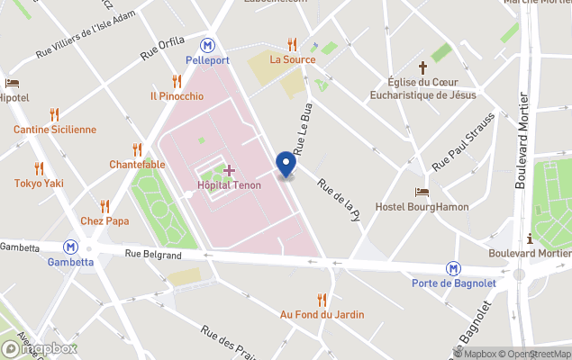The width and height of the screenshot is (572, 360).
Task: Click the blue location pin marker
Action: (x=286, y=165)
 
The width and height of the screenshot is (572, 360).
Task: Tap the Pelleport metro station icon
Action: (x=209, y=43)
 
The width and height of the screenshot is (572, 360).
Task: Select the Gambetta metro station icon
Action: (x=69, y=246)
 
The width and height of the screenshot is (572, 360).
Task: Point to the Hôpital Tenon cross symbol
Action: (x=229, y=170)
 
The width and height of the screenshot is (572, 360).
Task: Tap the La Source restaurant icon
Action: (x=292, y=43)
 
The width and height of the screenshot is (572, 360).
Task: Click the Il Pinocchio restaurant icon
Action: (x=177, y=80)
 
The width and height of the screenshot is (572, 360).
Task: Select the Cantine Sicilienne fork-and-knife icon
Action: (x=54, y=113)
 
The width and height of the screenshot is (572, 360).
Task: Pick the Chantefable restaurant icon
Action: (x=137, y=148)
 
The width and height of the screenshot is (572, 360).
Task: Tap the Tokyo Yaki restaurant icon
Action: (x=39, y=167)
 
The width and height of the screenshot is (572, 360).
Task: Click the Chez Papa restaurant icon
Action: (x=104, y=205)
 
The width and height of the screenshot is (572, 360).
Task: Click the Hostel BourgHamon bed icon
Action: (x=422, y=192)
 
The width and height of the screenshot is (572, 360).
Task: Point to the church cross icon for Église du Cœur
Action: (x=422, y=67)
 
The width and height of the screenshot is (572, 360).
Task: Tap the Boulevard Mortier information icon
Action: (x=529, y=238)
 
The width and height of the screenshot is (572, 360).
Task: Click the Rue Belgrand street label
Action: (x=153, y=255)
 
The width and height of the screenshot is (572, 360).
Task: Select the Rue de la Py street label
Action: (x=339, y=199)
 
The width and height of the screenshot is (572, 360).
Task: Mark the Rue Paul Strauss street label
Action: (x=464, y=141)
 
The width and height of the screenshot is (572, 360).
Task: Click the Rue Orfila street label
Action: (x=162, y=49)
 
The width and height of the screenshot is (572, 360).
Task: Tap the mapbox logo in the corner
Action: (x=41, y=348)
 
